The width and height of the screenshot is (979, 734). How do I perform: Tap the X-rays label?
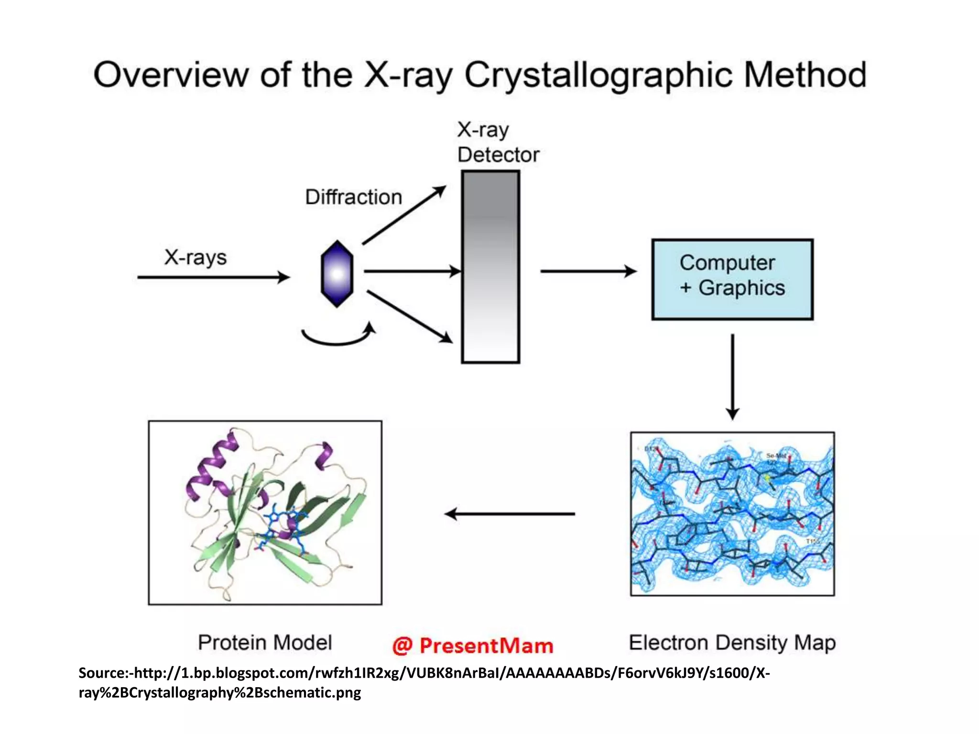pos(195,258)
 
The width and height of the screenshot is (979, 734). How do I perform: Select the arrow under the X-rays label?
pos(213,277)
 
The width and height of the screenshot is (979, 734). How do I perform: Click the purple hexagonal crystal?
pos(337,274)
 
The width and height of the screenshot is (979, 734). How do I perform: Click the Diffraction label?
pos(353,197)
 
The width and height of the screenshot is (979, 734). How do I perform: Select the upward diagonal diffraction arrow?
pos(404,215)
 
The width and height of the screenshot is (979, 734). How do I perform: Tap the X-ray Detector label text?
pos(498,142)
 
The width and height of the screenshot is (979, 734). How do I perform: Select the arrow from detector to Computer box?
pos(588,271)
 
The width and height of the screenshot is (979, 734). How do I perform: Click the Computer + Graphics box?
pos(732,280)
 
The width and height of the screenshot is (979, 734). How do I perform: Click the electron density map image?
pos(732,514)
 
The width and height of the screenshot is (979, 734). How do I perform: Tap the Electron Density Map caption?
pos(732,643)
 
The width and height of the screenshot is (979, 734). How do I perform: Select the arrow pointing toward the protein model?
pos(510,514)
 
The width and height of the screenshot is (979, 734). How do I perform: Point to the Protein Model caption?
pos(265,643)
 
